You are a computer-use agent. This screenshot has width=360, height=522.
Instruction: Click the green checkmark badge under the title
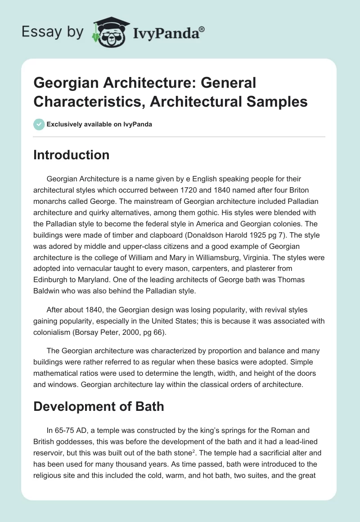[39, 124]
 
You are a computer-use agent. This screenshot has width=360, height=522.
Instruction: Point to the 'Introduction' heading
[72, 155]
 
